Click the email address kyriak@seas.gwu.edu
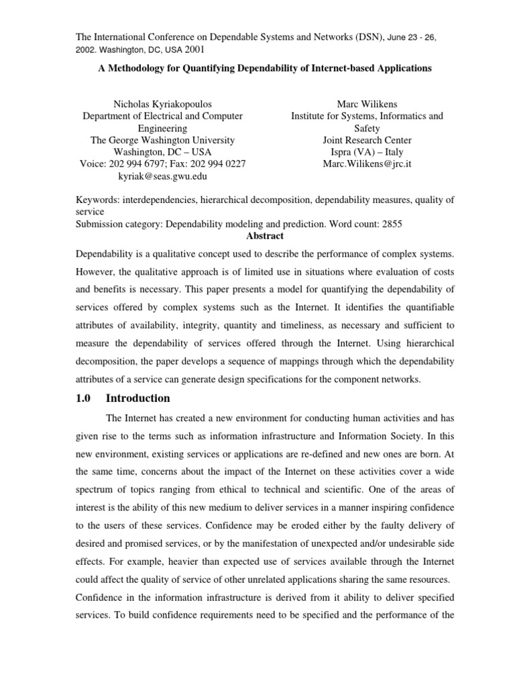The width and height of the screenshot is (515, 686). (x=162, y=176)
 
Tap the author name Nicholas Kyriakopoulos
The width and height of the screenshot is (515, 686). (x=162, y=104)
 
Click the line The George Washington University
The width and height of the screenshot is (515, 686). (x=162, y=140)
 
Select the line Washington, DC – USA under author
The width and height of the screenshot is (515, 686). (x=162, y=152)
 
